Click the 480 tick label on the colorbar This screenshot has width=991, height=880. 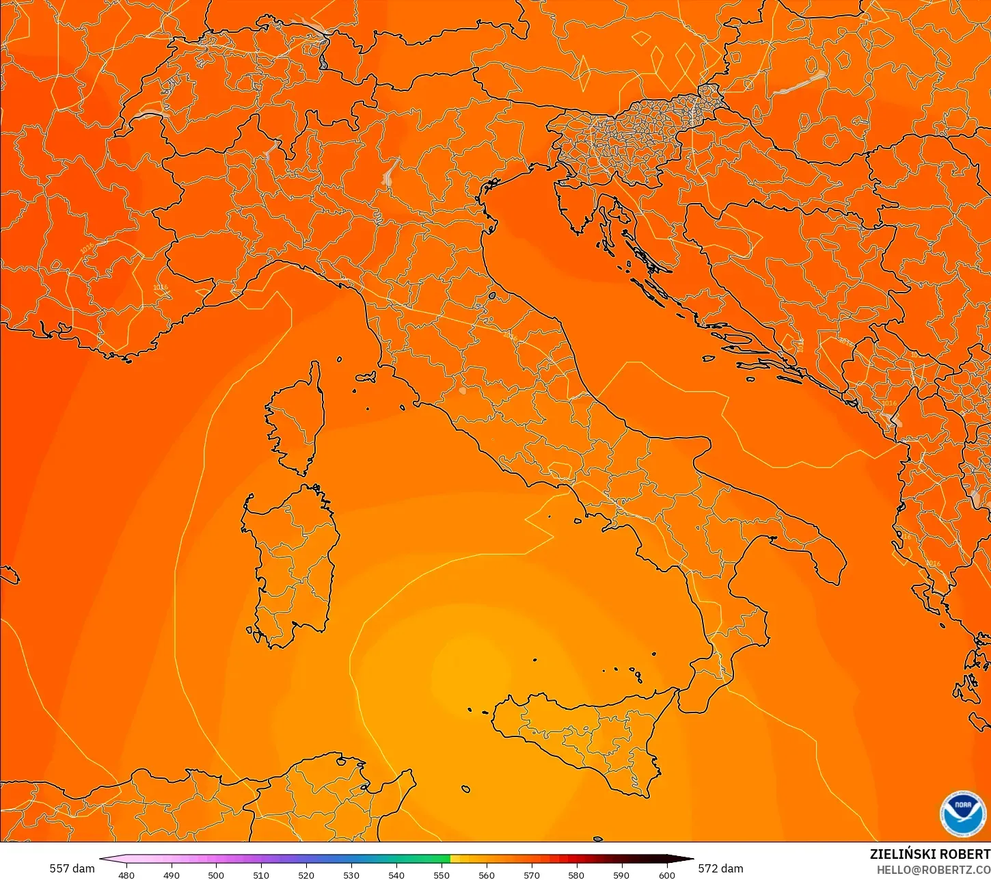tap(126, 875)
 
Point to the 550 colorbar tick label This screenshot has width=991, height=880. tap(442, 875)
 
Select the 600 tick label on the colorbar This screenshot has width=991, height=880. tap(666, 875)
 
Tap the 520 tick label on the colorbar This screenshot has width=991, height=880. tap(306, 875)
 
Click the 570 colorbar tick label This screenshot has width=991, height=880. tap(532, 875)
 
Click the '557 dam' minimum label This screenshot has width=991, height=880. tap(72, 868)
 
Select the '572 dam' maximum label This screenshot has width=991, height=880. tap(720, 868)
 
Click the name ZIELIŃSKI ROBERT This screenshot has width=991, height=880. tap(929, 854)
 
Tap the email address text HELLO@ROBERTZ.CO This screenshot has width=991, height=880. tap(934, 870)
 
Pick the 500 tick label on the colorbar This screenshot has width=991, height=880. tap(216, 875)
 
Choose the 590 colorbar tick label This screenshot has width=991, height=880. tap(621, 875)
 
